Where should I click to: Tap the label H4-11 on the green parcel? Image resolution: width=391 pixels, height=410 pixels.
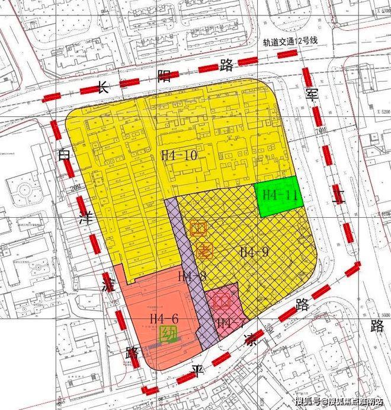[x=279, y=194]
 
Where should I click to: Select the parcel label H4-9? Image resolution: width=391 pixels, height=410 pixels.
[x=254, y=252]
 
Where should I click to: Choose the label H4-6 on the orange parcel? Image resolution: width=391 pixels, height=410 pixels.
[x=164, y=319]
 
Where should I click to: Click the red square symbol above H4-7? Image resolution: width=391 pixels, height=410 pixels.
[x=223, y=301]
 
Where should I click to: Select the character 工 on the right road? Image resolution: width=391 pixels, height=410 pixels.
[x=339, y=198]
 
